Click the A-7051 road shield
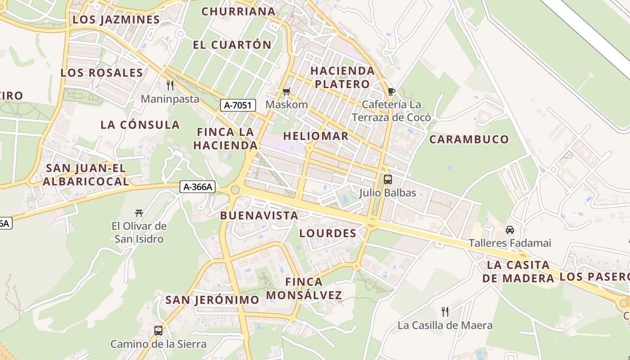pyautogui.click(x=238, y=106)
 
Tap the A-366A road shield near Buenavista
pyautogui.click(x=198, y=187)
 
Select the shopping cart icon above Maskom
pyautogui.click(x=286, y=92)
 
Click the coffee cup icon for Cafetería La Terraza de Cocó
pyautogui.click(x=391, y=92)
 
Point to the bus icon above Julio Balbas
pyautogui.click(x=387, y=180)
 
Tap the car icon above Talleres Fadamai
pyautogui.click(x=510, y=230)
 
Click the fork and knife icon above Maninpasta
pyautogui.click(x=170, y=85)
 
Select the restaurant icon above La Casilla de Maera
pyautogui.click(x=445, y=311)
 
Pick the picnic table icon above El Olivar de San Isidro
pyautogui.click(x=139, y=213)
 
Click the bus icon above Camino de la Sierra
pyautogui.click(x=158, y=331)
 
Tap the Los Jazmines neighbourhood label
pyautogui.click(x=116, y=20)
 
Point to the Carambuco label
pyautogui.click(x=469, y=139)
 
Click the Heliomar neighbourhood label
pyautogui.click(x=316, y=136)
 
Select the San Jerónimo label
pyautogui.click(x=212, y=300)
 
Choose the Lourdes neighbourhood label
pyautogui.click(x=328, y=233)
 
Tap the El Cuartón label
pyautogui.click(x=232, y=45)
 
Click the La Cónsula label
pyautogui.click(x=140, y=125)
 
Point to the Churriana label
pyautogui.click(x=238, y=11)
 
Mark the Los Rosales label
pyautogui.click(x=102, y=73)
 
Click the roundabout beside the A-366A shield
pyautogui.click(x=234, y=190)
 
